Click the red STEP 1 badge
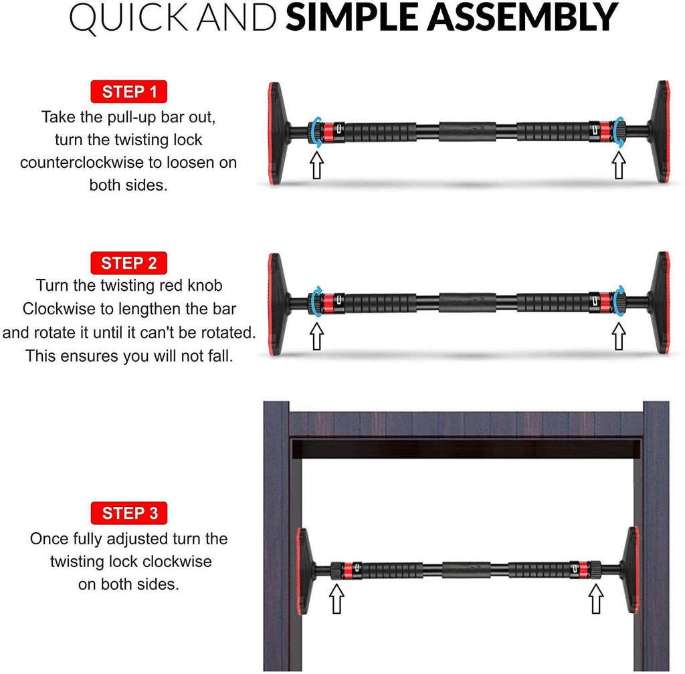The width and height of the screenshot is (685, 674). pos(128,92)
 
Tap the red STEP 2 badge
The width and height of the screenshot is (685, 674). pos(128,263)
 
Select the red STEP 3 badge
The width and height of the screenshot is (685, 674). pos(130,514)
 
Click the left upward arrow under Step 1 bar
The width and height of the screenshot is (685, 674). pos(316,165)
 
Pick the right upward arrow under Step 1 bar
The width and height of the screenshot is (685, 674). pos(620,165)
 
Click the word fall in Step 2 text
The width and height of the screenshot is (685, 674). pos(216,356)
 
